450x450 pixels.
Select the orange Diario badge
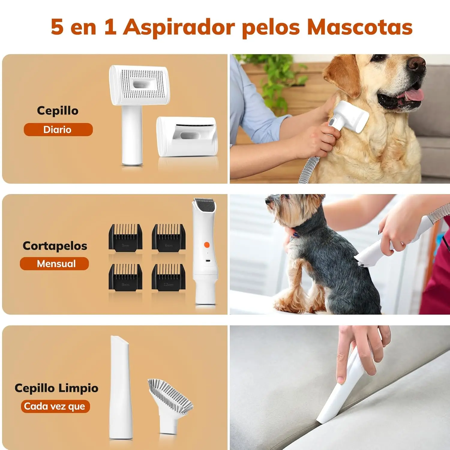(58, 130)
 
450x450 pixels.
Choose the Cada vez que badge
(55, 406)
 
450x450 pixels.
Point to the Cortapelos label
(55, 246)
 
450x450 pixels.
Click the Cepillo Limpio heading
(56, 388)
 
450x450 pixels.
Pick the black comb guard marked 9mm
(125, 277)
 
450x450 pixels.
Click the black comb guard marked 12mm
(169, 277)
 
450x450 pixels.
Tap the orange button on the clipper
(207, 245)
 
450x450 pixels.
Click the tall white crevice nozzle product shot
(120, 387)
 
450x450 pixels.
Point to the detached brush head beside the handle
(187, 136)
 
